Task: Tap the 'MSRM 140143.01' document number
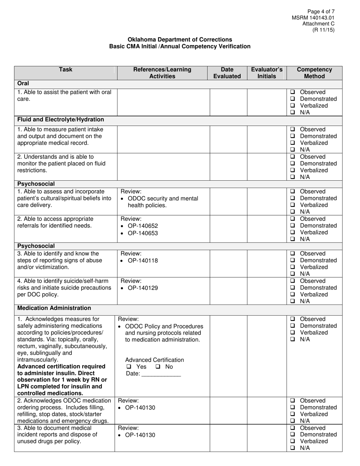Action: pyautogui.click(x=313, y=18)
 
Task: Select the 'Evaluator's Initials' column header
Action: pyautogui.click(x=267, y=73)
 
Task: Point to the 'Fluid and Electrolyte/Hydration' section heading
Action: pyautogui.click(x=61, y=120)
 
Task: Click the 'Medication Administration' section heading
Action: pyautogui.click(x=54, y=308)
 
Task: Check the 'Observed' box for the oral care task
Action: pyautogui.click(x=293, y=92)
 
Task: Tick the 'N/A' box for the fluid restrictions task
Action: pyautogui.click(x=293, y=177)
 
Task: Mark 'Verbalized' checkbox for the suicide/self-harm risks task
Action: pyautogui.click(x=293, y=294)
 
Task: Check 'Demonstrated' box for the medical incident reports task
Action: pyautogui.click(x=293, y=435)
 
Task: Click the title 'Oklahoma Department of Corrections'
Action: pyautogui.click(x=180, y=39)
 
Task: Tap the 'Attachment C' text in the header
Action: pyautogui.click(x=318, y=24)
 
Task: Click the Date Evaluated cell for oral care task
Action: pyautogui.click(x=229, y=102)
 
